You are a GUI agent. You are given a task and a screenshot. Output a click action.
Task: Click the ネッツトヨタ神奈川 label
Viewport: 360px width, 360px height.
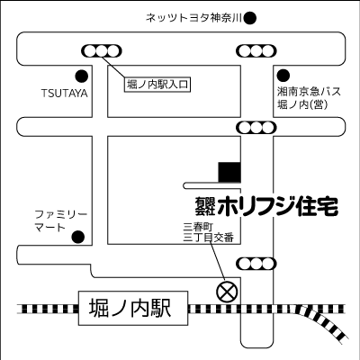(194, 17)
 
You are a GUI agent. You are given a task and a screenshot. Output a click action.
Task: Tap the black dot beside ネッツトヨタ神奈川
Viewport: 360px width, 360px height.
(251, 17)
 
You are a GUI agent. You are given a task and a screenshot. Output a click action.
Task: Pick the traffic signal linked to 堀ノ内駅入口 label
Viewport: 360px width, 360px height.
(101, 49)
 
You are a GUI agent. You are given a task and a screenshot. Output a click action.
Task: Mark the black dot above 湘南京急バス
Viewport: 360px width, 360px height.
(283, 75)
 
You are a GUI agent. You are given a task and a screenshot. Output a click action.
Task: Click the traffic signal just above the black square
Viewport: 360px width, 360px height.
(251, 127)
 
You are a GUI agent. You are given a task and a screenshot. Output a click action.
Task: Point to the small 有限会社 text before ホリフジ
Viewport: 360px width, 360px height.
(199, 206)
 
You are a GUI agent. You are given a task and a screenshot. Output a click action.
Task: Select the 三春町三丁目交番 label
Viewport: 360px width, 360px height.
(208, 231)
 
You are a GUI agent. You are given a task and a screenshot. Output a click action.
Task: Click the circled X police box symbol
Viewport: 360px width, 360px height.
(227, 291)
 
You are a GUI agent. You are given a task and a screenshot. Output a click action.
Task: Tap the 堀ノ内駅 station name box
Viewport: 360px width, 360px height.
(130, 307)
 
